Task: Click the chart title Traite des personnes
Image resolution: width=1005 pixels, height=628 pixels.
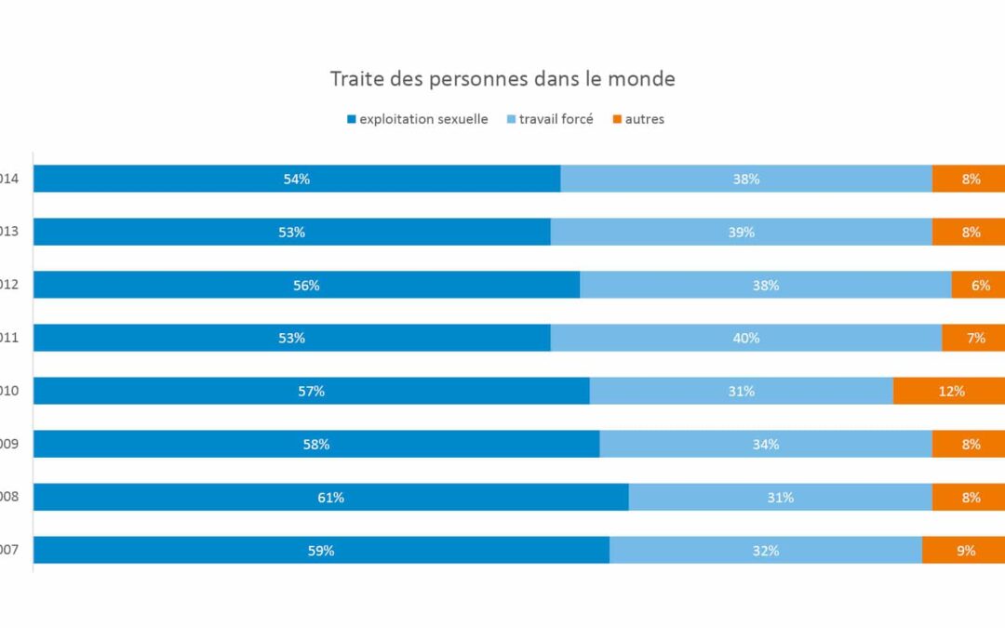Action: (502, 79)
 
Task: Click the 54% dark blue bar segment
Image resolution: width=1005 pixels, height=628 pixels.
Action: (297, 179)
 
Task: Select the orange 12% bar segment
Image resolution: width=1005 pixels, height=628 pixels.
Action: (949, 391)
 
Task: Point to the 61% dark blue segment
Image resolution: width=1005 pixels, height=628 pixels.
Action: (330, 497)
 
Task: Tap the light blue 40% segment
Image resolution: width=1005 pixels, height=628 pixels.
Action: (745, 338)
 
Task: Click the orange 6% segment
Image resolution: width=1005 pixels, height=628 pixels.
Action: (979, 285)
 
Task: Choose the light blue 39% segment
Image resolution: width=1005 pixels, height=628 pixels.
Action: (741, 232)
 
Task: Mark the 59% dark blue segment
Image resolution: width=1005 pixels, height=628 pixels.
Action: (321, 550)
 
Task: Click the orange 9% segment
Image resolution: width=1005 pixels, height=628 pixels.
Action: (964, 550)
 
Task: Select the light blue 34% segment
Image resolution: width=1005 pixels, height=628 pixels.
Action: (766, 444)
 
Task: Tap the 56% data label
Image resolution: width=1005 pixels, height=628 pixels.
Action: (306, 286)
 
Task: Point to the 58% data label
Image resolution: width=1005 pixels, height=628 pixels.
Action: (316, 445)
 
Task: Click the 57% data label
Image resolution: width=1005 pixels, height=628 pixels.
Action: (312, 392)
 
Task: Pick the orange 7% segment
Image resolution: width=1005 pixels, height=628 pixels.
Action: (973, 338)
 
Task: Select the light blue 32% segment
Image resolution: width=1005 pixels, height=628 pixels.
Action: (765, 550)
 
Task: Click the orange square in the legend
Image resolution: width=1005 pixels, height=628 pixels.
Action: (616, 119)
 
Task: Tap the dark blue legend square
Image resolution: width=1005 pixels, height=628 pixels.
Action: (352, 119)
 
